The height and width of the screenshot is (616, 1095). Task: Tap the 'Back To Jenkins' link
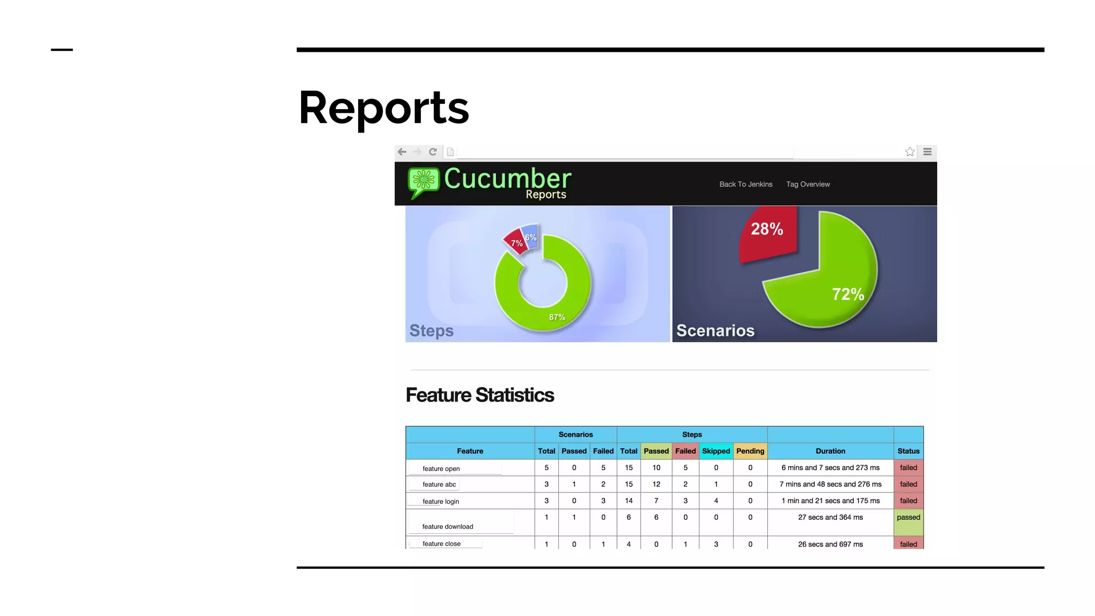(745, 184)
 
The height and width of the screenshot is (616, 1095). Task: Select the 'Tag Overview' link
(807, 184)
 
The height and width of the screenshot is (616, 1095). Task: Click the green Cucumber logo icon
(423, 181)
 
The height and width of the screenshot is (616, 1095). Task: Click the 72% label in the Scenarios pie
(847, 294)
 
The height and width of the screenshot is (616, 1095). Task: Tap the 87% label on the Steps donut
(557, 317)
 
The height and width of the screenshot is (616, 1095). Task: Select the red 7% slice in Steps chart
(515, 242)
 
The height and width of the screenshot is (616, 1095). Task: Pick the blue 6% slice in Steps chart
(530, 236)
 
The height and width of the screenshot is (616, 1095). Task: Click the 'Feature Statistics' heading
(480, 395)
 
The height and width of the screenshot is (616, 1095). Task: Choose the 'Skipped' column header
(715, 451)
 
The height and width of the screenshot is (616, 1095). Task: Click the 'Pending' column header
(750, 451)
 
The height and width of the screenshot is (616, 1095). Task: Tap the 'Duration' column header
(830, 451)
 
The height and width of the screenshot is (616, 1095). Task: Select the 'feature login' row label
(441, 501)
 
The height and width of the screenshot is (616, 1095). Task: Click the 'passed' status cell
(908, 518)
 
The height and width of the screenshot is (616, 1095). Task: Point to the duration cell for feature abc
(830, 484)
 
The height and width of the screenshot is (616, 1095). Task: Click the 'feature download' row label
(448, 526)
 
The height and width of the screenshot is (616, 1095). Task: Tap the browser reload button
(433, 152)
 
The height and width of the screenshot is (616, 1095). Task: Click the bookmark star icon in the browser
(909, 152)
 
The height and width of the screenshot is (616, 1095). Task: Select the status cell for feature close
(908, 544)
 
